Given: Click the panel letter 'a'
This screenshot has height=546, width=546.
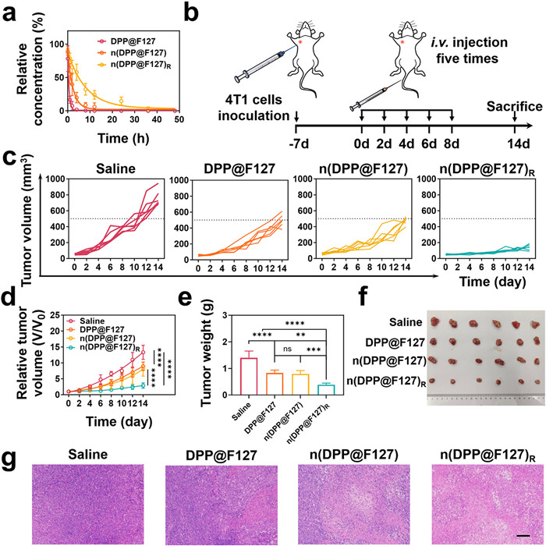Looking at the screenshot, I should click(x=9, y=10).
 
